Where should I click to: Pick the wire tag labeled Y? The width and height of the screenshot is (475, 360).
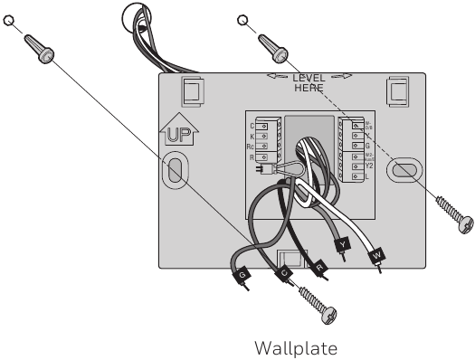[340, 245]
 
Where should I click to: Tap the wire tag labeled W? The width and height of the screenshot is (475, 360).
[376, 257]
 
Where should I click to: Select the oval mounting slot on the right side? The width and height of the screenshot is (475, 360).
[404, 169]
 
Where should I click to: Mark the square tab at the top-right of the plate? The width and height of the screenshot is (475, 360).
[397, 90]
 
